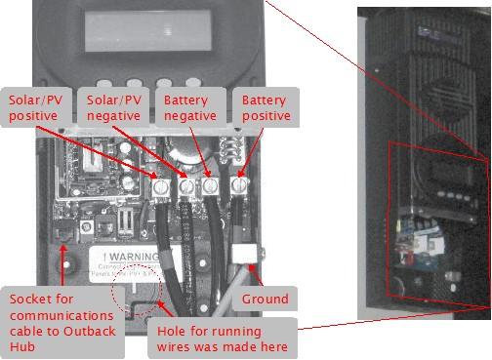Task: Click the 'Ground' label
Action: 266,299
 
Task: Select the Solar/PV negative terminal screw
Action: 186,184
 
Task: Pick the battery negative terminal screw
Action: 211,184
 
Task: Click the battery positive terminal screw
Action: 237,182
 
